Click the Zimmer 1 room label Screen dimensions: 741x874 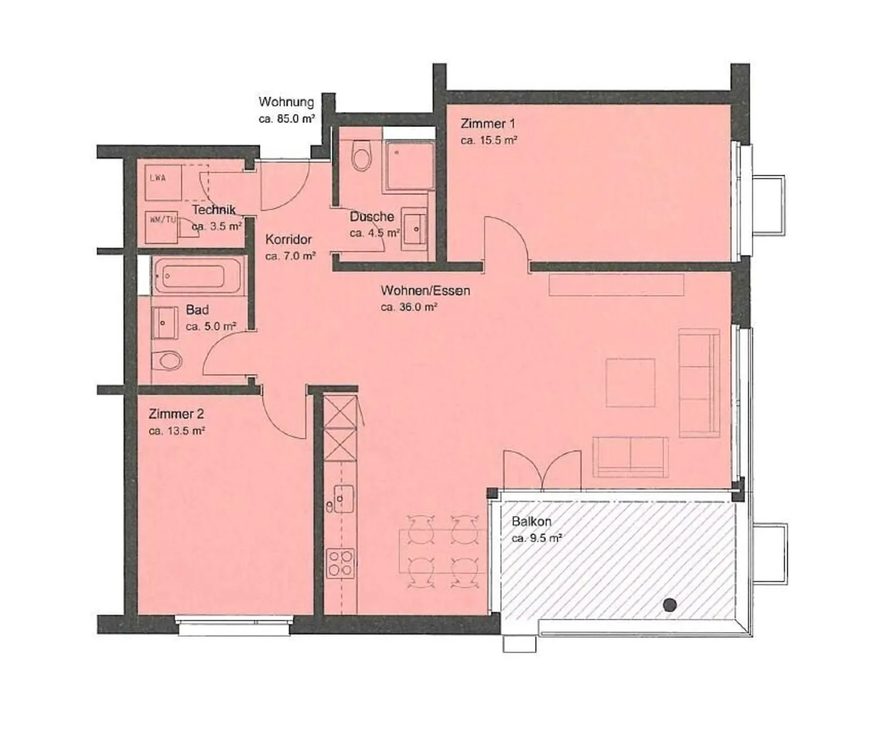pos(488,124)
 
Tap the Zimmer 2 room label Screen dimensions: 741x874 pos(176,414)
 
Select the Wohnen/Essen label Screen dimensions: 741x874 pos(425,291)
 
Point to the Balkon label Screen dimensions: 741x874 pos(531,522)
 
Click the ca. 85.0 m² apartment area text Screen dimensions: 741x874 pos(286,119)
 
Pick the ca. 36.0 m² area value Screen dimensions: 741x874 pos(409,307)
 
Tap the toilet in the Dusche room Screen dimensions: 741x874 pos(362,156)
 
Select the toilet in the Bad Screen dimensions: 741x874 pos(166,361)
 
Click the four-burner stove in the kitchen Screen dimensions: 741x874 pos(340,563)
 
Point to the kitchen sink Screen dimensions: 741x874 pos(344,499)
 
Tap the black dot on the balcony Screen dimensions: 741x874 pos(669,604)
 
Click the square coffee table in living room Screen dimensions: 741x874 pos(630,383)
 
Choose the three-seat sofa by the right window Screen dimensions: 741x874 pos(699,383)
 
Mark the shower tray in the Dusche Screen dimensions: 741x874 pos(408,165)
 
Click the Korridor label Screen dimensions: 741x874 pos(288,240)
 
